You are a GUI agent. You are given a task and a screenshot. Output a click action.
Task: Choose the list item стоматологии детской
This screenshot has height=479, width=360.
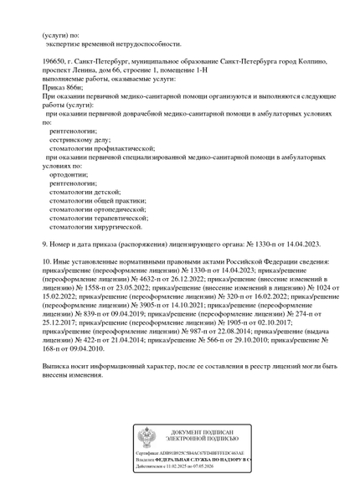(87, 193)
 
